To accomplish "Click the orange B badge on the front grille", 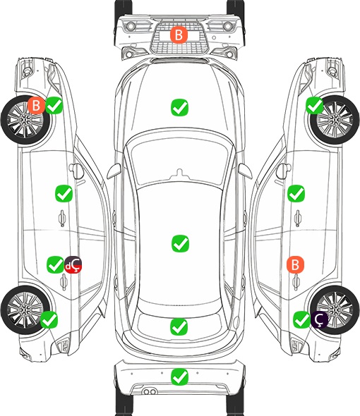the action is [179, 35].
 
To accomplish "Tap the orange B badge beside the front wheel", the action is [37, 105].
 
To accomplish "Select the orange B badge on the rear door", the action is [295, 264].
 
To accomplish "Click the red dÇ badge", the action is [73, 265].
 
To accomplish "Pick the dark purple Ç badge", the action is [319, 319].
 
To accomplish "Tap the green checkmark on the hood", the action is [179, 107].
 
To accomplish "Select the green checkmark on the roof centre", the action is [180, 243].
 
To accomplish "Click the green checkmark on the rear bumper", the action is [179, 377].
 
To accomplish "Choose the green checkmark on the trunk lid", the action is [179, 326].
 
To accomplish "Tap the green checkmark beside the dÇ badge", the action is [55, 264].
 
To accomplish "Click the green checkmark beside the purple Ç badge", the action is [302, 319].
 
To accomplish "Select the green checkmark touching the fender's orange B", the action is [54, 105].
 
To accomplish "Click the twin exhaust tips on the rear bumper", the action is [150, 391].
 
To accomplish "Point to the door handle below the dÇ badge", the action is [64, 282].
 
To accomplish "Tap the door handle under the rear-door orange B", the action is [296, 282].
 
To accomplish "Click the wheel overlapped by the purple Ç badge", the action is [335, 310].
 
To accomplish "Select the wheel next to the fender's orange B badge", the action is [25, 120].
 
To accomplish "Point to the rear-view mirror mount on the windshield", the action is [180, 173].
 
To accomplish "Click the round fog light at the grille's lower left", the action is [129, 54].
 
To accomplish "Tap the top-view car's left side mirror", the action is [114, 171].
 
